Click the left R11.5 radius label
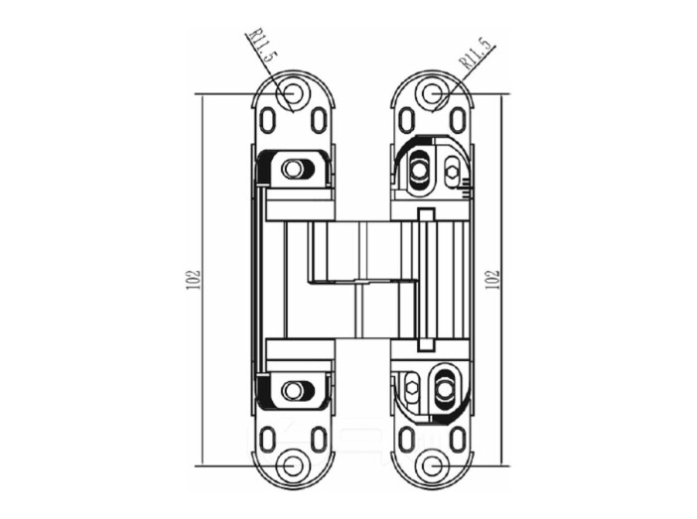click(x=262, y=46)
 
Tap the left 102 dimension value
click(x=195, y=280)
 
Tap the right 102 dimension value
click(x=493, y=280)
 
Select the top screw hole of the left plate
click(x=291, y=93)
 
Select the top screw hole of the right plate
click(x=431, y=93)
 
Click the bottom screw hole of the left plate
click(x=292, y=466)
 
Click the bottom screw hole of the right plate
click(x=431, y=466)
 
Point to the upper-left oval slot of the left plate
click(x=267, y=120)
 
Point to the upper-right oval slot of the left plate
click(x=319, y=120)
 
